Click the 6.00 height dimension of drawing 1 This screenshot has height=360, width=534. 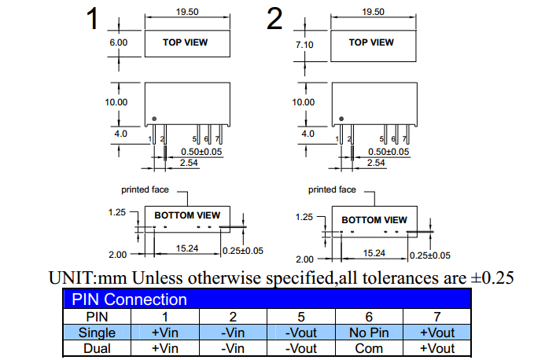coord(118,42)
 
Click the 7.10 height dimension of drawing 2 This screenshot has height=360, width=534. coord(304,45)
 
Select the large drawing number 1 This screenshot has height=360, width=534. coord(93,19)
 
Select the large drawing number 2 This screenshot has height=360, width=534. coord(274,19)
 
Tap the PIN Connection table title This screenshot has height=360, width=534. coord(130,299)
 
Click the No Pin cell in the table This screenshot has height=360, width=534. coord(368,332)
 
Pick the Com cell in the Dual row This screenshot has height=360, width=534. coord(368,348)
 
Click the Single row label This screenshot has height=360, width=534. coord(98,332)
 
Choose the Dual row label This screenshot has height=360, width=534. coord(98,348)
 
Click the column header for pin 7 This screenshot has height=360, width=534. coord(437,317)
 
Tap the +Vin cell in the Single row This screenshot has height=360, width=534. coord(165,332)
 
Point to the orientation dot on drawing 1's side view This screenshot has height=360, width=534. coord(154,119)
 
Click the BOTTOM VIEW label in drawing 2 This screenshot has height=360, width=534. coord(374,220)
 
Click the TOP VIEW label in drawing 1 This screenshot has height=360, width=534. coord(186,42)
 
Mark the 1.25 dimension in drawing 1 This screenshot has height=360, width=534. coord(117,212)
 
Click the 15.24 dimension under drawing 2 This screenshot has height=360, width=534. coord(374,253)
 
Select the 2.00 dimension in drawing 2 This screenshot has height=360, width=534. coord(304,259)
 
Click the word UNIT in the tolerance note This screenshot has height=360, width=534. coord(68,278)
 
